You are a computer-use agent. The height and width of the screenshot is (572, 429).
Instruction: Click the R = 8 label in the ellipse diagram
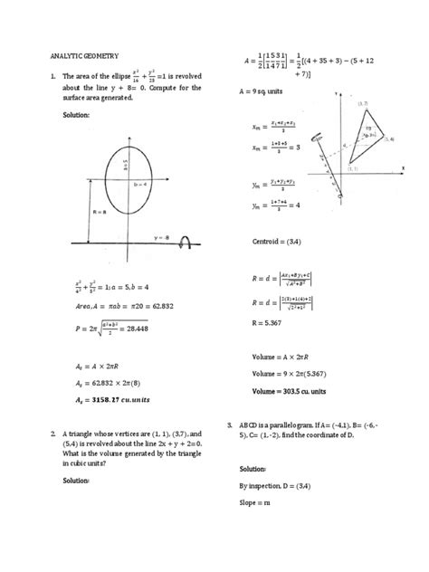pyautogui.click(x=95, y=212)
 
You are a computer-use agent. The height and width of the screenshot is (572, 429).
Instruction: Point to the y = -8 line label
pyautogui.click(x=164, y=238)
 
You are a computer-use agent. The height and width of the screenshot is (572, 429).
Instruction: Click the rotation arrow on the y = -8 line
pyautogui.click(x=187, y=242)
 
